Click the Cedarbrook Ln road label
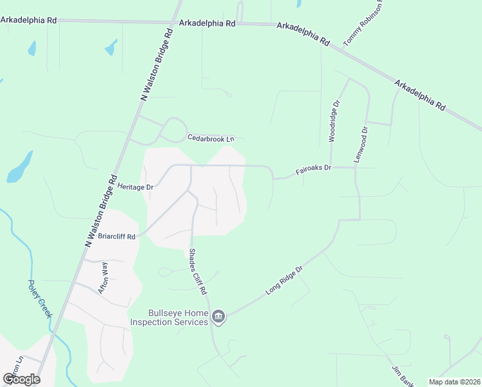(211, 139)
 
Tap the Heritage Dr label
(136, 186)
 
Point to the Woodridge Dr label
(333, 121)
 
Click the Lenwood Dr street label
(364, 143)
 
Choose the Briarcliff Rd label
(117, 236)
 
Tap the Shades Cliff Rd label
(197, 272)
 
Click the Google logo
(21, 379)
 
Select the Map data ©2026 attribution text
(454, 382)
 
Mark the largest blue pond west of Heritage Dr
(20, 168)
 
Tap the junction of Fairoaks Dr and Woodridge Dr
(330, 167)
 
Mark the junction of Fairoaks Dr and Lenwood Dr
(355, 168)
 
